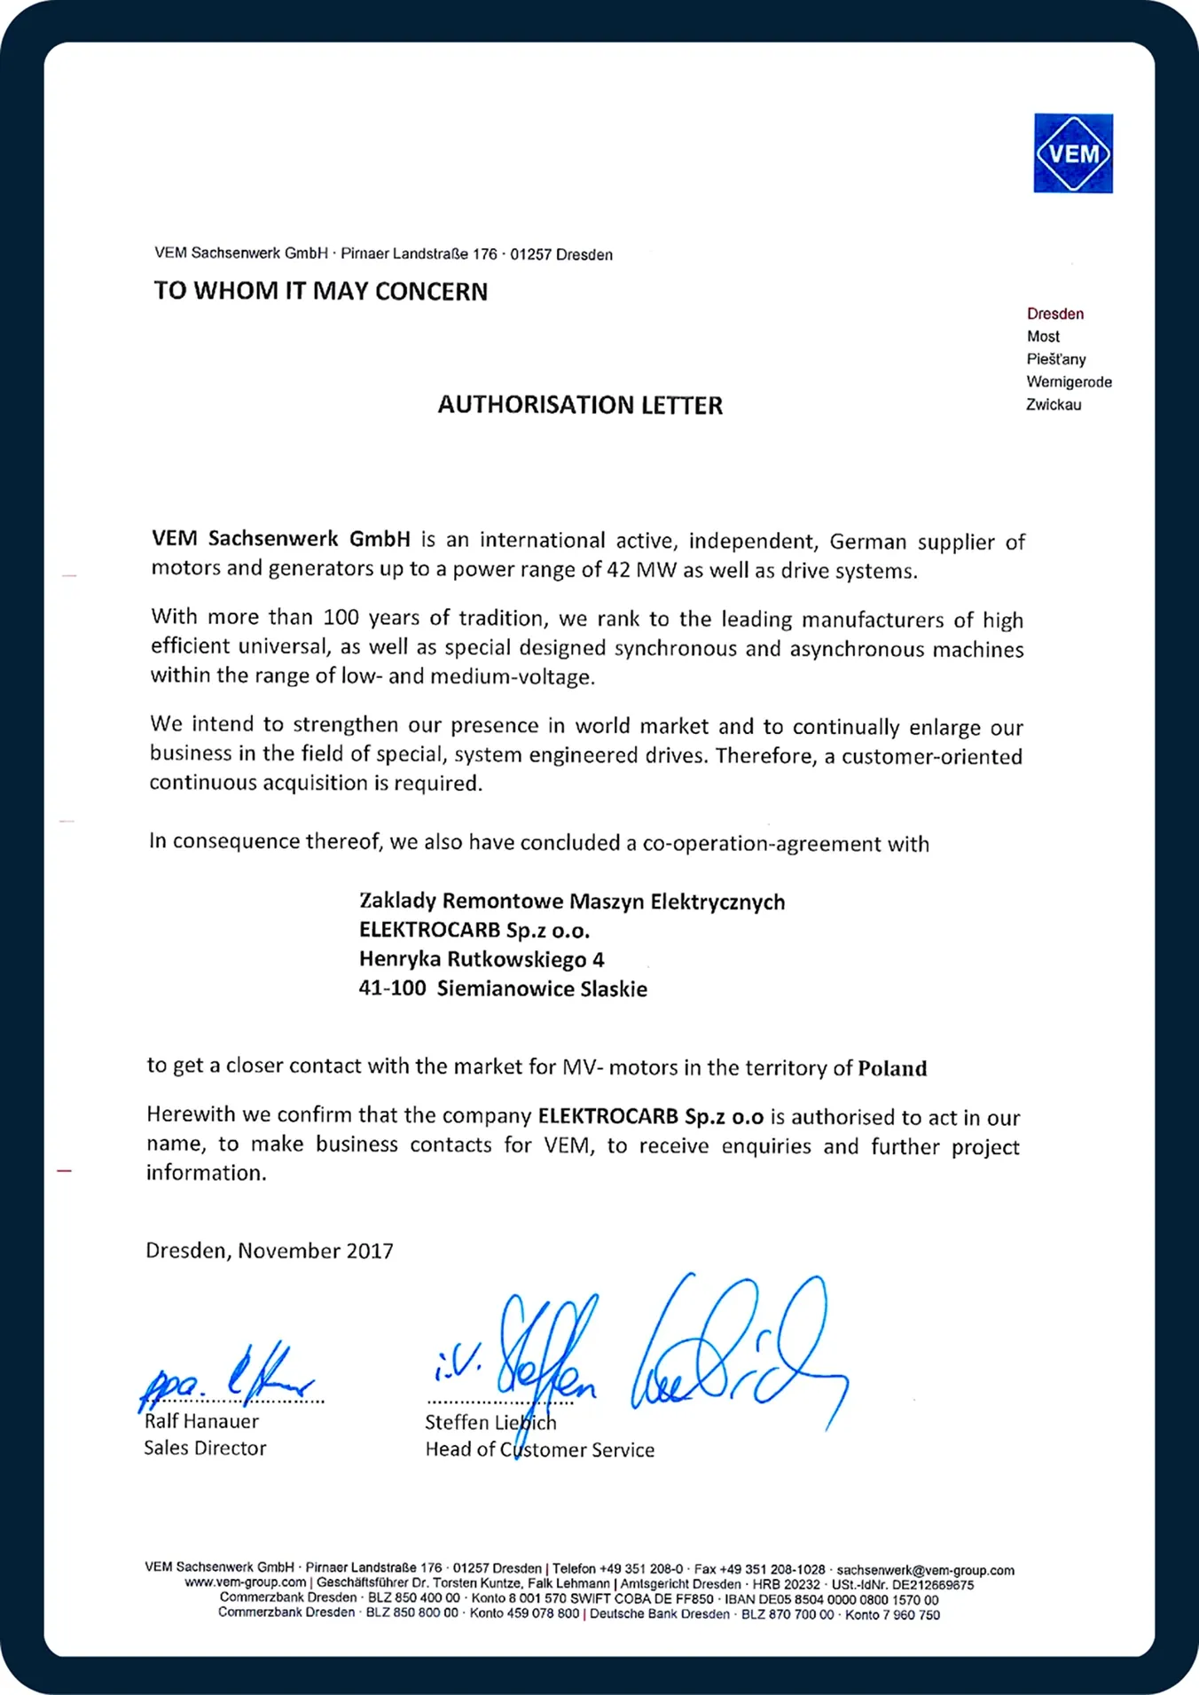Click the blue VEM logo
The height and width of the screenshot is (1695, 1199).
pos(1073,153)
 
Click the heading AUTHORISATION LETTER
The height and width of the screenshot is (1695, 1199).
pos(580,405)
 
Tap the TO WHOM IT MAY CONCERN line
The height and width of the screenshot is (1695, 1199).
pos(321,292)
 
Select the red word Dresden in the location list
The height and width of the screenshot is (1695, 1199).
pos(1055,314)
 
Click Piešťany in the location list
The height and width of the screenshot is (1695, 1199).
pos(1056,359)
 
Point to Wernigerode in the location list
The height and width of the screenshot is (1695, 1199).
pos(1069,382)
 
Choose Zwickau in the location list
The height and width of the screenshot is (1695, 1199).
pos(1054,405)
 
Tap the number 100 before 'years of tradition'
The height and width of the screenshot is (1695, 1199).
pos(341,617)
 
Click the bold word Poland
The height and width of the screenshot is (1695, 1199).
pos(892,1068)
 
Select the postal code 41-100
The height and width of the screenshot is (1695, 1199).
pos(392,988)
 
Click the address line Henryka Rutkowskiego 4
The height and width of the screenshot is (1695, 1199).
pos(482,959)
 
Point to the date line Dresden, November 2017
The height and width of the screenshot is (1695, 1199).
pos(270,1251)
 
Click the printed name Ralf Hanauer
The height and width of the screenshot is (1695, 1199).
pos(201,1421)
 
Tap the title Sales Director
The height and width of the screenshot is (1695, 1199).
pos(205,1448)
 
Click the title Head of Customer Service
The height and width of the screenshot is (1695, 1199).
pos(539,1449)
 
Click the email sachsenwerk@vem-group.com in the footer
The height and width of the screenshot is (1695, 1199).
pos(925,1569)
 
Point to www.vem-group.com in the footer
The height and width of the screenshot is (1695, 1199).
pos(245,1582)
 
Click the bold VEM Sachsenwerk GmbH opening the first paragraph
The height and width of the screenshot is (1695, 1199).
pos(281,539)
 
